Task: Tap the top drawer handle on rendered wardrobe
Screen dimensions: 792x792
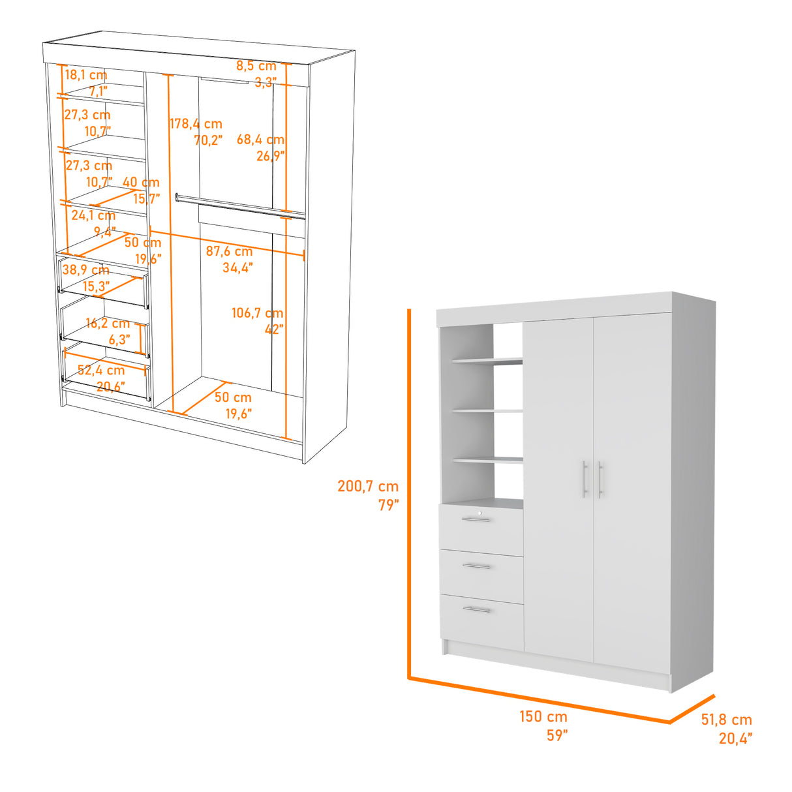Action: click(x=476, y=519)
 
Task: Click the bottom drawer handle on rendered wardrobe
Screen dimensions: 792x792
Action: click(x=477, y=610)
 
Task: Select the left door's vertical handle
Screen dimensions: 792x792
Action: click(x=585, y=480)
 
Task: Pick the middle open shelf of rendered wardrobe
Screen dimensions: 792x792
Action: click(x=488, y=412)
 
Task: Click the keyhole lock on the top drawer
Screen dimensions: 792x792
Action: click(x=480, y=513)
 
